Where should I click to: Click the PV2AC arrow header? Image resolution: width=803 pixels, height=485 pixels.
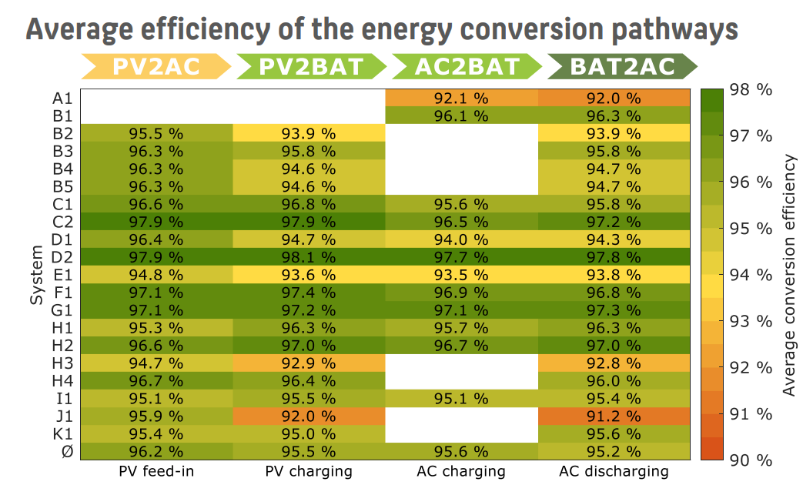point(156,66)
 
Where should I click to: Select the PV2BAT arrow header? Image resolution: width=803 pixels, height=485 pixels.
point(310,66)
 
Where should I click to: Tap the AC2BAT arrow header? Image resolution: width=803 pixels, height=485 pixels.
point(467,66)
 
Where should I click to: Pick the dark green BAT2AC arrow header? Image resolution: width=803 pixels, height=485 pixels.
point(622,66)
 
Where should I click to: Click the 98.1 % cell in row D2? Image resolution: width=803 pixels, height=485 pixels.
point(309,256)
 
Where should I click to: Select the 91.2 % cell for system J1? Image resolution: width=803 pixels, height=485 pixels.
point(614,416)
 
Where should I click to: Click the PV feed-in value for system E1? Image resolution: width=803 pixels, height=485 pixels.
point(156,275)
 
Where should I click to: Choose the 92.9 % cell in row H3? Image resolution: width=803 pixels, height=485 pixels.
point(309,363)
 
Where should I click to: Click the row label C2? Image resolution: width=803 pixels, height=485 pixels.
point(62,222)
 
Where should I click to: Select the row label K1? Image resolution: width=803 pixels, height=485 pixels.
point(62,433)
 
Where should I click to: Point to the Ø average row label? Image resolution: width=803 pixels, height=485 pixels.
point(67,451)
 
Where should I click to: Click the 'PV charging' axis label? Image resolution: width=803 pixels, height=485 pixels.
point(309,470)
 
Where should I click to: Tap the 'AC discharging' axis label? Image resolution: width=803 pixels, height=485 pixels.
point(614,470)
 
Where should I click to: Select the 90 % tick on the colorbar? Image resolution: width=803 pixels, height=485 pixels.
point(750,460)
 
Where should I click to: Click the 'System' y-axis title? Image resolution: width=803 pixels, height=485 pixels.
point(37,275)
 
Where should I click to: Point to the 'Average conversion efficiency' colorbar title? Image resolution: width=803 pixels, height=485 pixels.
point(788,275)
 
